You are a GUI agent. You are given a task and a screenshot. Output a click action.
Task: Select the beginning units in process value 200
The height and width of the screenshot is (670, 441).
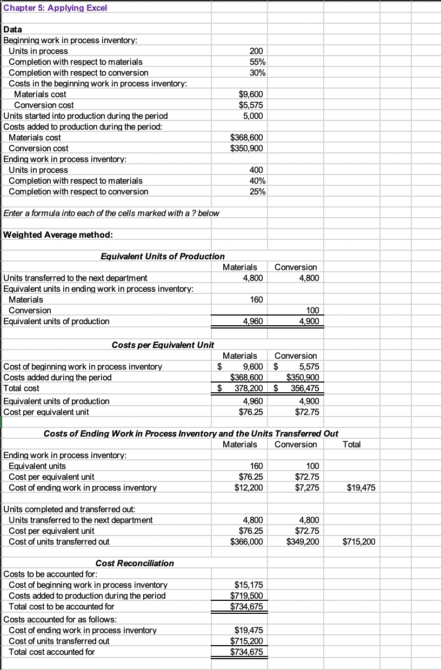[x=256, y=51]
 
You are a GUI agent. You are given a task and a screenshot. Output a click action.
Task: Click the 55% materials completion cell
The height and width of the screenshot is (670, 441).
[x=256, y=62]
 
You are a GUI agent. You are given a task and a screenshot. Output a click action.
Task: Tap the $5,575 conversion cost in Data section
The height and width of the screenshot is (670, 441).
[x=251, y=105]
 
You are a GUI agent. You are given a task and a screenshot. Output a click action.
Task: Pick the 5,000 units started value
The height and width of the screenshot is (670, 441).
[x=253, y=116]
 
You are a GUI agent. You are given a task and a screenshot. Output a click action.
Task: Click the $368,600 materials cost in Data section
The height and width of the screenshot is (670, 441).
[x=248, y=137]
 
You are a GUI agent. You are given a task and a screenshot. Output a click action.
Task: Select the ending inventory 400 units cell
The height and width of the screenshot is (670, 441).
[x=256, y=170]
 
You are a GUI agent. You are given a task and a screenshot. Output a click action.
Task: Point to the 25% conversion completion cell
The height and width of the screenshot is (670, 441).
[x=256, y=191]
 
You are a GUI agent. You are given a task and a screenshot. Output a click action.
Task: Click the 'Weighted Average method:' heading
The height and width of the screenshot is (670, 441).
[x=58, y=234]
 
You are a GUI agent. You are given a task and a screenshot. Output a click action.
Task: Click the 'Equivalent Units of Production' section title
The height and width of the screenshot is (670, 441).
[x=163, y=256]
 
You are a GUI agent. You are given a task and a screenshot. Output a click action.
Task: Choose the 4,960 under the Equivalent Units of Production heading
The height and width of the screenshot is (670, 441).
[x=253, y=321]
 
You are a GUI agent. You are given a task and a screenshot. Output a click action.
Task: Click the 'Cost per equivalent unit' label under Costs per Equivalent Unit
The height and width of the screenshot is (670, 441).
[x=47, y=412]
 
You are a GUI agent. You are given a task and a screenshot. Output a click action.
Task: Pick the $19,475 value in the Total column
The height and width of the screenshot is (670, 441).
[x=359, y=487]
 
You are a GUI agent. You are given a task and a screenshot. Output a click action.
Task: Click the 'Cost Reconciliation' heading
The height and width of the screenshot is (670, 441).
[x=135, y=563]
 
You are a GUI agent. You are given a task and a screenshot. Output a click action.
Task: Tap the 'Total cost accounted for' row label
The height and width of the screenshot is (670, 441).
[x=52, y=652]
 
